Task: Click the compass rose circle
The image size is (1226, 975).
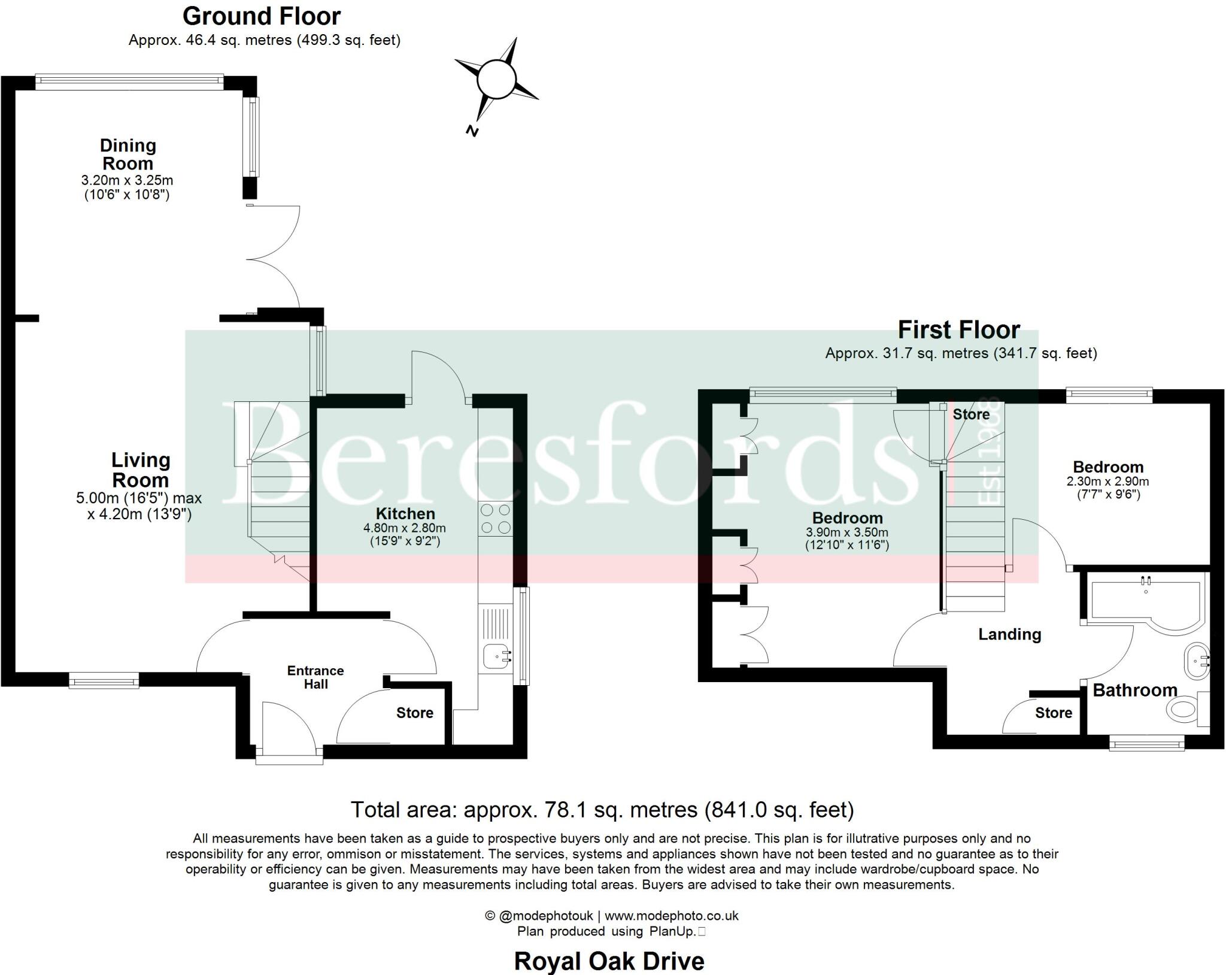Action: pos(496,78)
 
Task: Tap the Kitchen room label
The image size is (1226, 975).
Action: pos(405,513)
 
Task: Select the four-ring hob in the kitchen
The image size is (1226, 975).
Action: pos(496,519)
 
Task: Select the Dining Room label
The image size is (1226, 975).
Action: pos(128,154)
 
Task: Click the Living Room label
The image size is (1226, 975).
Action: pos(141,470)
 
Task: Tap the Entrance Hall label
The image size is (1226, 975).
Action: pos(315,677)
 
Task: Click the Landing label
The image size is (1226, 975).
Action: pos(1009,634)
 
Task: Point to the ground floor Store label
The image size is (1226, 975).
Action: pos(414,712)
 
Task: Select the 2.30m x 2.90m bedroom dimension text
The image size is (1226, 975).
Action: pos(1107,482)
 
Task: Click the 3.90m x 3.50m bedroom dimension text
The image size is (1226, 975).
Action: pos(847,532)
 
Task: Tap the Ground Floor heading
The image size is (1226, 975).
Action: pos(262,16)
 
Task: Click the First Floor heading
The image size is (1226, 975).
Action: pos(958,330)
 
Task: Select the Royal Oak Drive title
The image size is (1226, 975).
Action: pos(609,961)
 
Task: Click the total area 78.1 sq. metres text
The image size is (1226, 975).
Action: pos(602,810)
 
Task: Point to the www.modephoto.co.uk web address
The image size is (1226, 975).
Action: pos(671,915)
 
